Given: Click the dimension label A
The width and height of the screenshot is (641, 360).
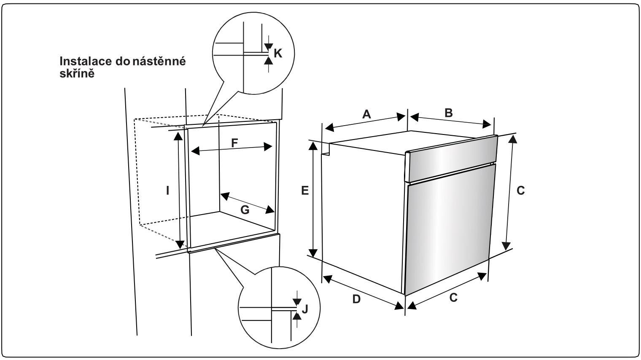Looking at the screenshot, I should tap(366, 114).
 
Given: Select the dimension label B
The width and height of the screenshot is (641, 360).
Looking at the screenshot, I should tap(449, 113).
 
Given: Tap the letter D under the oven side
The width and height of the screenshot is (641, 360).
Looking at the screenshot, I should tap(356, 299).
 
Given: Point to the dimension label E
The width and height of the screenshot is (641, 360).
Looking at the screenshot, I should tap(305, 191).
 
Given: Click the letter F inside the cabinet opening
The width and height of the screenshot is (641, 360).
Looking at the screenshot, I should tap(234, 143).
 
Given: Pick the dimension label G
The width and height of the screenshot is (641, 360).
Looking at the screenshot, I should tap(245, 210).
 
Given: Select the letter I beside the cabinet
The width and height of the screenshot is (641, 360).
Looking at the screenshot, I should tap(167, 191).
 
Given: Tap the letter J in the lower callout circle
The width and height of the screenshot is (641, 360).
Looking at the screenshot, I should tap(305, 309).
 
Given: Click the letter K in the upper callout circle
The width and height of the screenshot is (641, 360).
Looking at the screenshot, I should tap(277, 53).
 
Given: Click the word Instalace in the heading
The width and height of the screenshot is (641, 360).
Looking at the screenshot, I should tap(86, 61).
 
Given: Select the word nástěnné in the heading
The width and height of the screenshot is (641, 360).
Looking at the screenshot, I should tap(159, 61).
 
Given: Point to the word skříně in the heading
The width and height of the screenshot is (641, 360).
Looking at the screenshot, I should tap(76, 73).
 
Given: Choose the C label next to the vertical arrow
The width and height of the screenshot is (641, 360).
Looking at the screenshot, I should tap(520, 191).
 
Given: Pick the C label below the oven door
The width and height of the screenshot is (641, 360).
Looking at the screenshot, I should tap(453, 298).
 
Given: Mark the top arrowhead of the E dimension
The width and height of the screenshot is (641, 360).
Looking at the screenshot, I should tap(313, 145).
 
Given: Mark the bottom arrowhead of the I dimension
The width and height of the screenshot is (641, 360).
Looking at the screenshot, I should tap(180, 244).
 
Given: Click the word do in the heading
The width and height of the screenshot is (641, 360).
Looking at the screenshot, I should tap(122, 61).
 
